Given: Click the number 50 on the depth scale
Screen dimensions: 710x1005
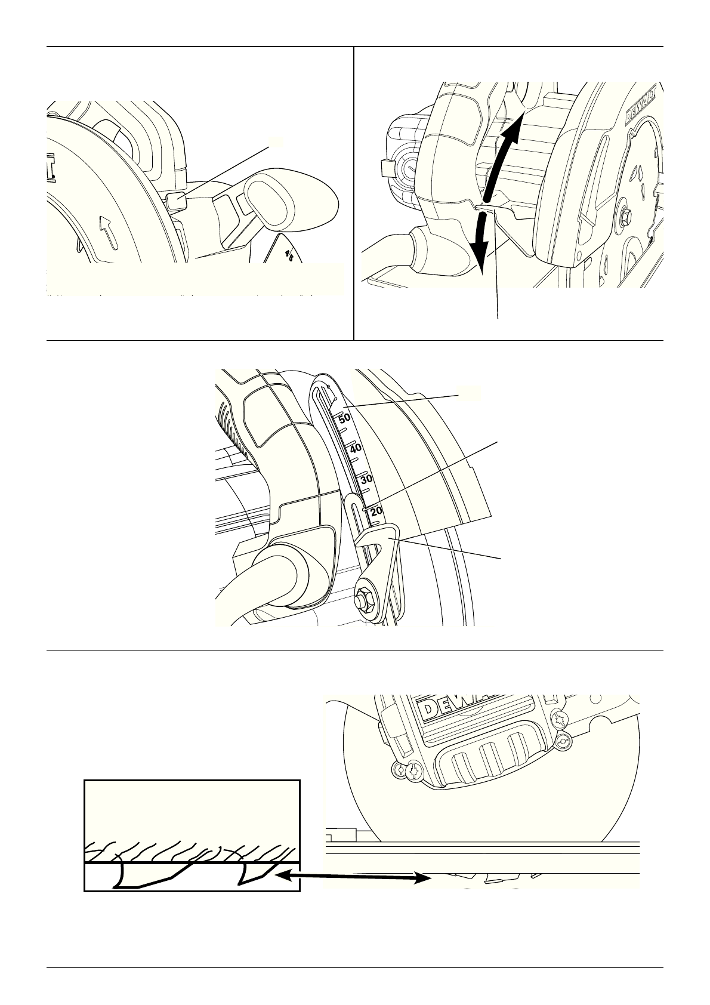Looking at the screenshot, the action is (x=345, y=419).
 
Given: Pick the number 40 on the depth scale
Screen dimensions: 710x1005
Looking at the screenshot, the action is (x=356, y=449).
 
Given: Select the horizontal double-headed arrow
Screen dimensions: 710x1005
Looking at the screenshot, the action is (x=356, y=877).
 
